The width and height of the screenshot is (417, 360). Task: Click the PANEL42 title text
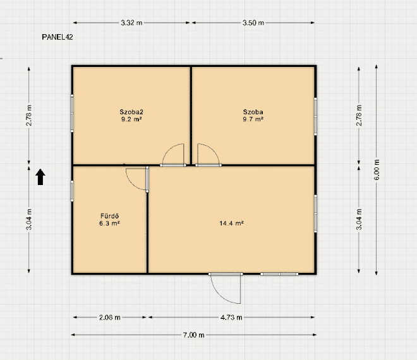click(x=57, y=37)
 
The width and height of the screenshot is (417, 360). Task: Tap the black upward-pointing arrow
click(x=40, y=177)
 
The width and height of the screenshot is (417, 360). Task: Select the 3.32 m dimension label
click(x=131, y=23)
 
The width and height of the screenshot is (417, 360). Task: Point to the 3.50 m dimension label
click(x=253, y=23)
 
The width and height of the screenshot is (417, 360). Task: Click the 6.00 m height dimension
click(x=377, y=170)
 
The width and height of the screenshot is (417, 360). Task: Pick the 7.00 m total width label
click(x=193, y=335)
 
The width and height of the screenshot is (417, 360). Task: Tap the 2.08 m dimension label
click(x=109, y=318)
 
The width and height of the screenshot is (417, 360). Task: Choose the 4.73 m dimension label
click(x=231, y=318)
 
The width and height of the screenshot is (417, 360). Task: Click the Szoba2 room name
click(x=131, y=112)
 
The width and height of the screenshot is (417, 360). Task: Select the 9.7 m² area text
click(x=253, y=119)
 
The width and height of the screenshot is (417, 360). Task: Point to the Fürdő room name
click(x=109, y=216)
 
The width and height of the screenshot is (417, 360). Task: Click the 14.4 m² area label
click(x=231, y=224)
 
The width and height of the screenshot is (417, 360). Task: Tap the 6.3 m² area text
click(x=109, y=224)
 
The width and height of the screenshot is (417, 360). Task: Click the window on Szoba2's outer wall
click(x=72, y=113)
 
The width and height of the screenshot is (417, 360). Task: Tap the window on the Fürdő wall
click(x=72, y=191)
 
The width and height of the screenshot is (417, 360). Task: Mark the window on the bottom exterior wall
click(x=279, y=274)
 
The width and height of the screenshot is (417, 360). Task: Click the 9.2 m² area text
click(x=131, y=119)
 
